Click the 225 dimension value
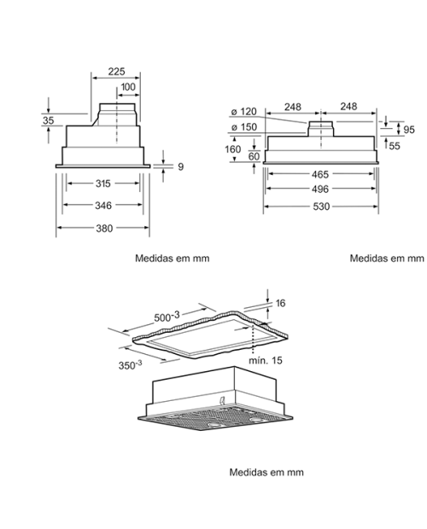[x=116, y=72]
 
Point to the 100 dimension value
[x=128, y=87]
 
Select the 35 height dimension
[x=49, y=120]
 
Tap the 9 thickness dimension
[x=180, y=166]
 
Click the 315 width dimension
[x=103, y=183]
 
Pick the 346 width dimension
[x=103, y=206]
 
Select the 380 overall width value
[x=104, y=229]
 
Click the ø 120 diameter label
[x=244, y=111]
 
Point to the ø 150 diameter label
[x=244, y=127]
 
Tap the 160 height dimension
[x=233, y=149]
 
